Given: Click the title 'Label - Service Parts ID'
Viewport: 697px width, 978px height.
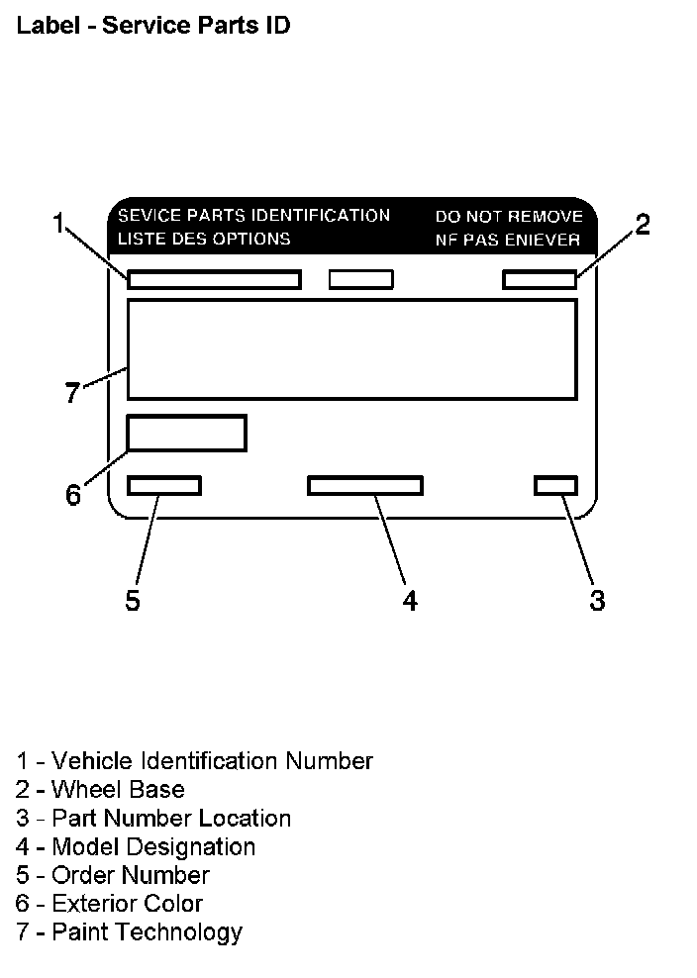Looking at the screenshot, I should click(x=153, y=27).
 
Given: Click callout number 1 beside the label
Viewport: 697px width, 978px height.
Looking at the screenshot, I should click(x=59, y=223).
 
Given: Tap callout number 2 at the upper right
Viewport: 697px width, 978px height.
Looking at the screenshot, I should click(x=643, y=225).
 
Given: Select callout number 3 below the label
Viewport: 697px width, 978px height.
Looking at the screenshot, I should click(x=597, y=600).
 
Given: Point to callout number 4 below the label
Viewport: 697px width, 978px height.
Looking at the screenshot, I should click(x=410, y=600).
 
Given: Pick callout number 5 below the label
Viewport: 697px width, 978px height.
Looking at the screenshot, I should click(x=133, y=600).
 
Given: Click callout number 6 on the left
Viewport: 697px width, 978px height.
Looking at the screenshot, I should click(x=73, y=494).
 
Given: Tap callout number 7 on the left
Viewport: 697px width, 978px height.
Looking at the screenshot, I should click(x=71, y=393).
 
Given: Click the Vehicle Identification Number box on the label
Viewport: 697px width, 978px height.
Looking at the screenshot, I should click(x=214, y=279).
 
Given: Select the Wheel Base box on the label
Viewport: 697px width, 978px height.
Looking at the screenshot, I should click(x=540, y=279).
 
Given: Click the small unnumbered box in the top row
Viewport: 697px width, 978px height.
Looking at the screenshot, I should click(x=360, y=279).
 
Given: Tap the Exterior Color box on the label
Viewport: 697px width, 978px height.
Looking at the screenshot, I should click(x=186, y=433).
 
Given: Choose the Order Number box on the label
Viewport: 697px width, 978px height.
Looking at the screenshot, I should click(x=164, y=485).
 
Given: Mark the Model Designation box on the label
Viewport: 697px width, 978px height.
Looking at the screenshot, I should click(x=365, y=485).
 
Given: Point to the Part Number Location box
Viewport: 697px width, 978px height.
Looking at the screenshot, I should click(x=555, y=485).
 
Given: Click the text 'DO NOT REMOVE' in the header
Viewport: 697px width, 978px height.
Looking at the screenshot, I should click(x=509, y=216).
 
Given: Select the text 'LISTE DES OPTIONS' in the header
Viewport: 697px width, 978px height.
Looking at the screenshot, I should click(x=204, y=239).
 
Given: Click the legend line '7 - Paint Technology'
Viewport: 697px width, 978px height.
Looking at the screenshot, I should click(x=129, y=931).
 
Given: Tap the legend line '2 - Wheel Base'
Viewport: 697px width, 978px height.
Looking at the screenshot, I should click(x=100, y=789).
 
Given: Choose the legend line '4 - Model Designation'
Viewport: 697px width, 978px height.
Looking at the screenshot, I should click(x=136, y=846).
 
